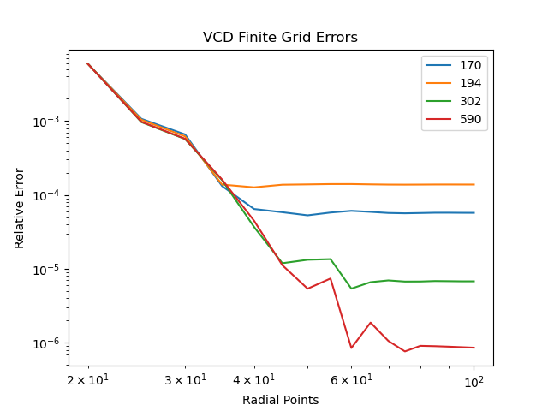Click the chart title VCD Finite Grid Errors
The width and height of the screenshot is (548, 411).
(x=280, y=37)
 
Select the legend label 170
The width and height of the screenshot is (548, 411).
(x=470, y=65)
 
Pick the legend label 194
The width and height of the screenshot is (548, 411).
(x=470, y=83)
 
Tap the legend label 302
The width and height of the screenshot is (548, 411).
(x=470, y=101)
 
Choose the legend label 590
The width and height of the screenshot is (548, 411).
(x=470, y=119)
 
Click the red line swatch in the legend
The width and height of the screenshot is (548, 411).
(x=438, y=119)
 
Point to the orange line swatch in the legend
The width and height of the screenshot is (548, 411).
(x=438, y=83)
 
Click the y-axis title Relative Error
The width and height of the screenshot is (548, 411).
(x=19, y=208)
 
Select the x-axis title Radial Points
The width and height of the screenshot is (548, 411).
(x=281, y=400)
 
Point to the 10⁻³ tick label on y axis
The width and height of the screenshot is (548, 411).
(x=46, y=122)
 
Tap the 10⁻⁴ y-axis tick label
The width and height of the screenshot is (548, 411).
(x=46, y=195)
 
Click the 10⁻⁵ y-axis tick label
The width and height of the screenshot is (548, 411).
(x=46, y=269)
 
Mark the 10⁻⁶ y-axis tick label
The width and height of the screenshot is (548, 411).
(x=46, y=343)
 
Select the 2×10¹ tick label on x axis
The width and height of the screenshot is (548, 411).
(x=88, y=379)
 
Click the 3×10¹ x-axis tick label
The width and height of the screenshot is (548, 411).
(x=185, y=379)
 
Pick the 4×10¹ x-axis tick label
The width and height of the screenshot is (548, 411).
(x=254, y=379)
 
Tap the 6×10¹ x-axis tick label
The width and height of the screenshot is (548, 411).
(x=351, y=379)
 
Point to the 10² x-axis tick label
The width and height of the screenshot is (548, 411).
(x=474, y=382)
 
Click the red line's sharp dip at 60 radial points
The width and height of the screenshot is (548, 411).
(x=351, y=348)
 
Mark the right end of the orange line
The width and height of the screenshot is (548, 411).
(x=474, y=185)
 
